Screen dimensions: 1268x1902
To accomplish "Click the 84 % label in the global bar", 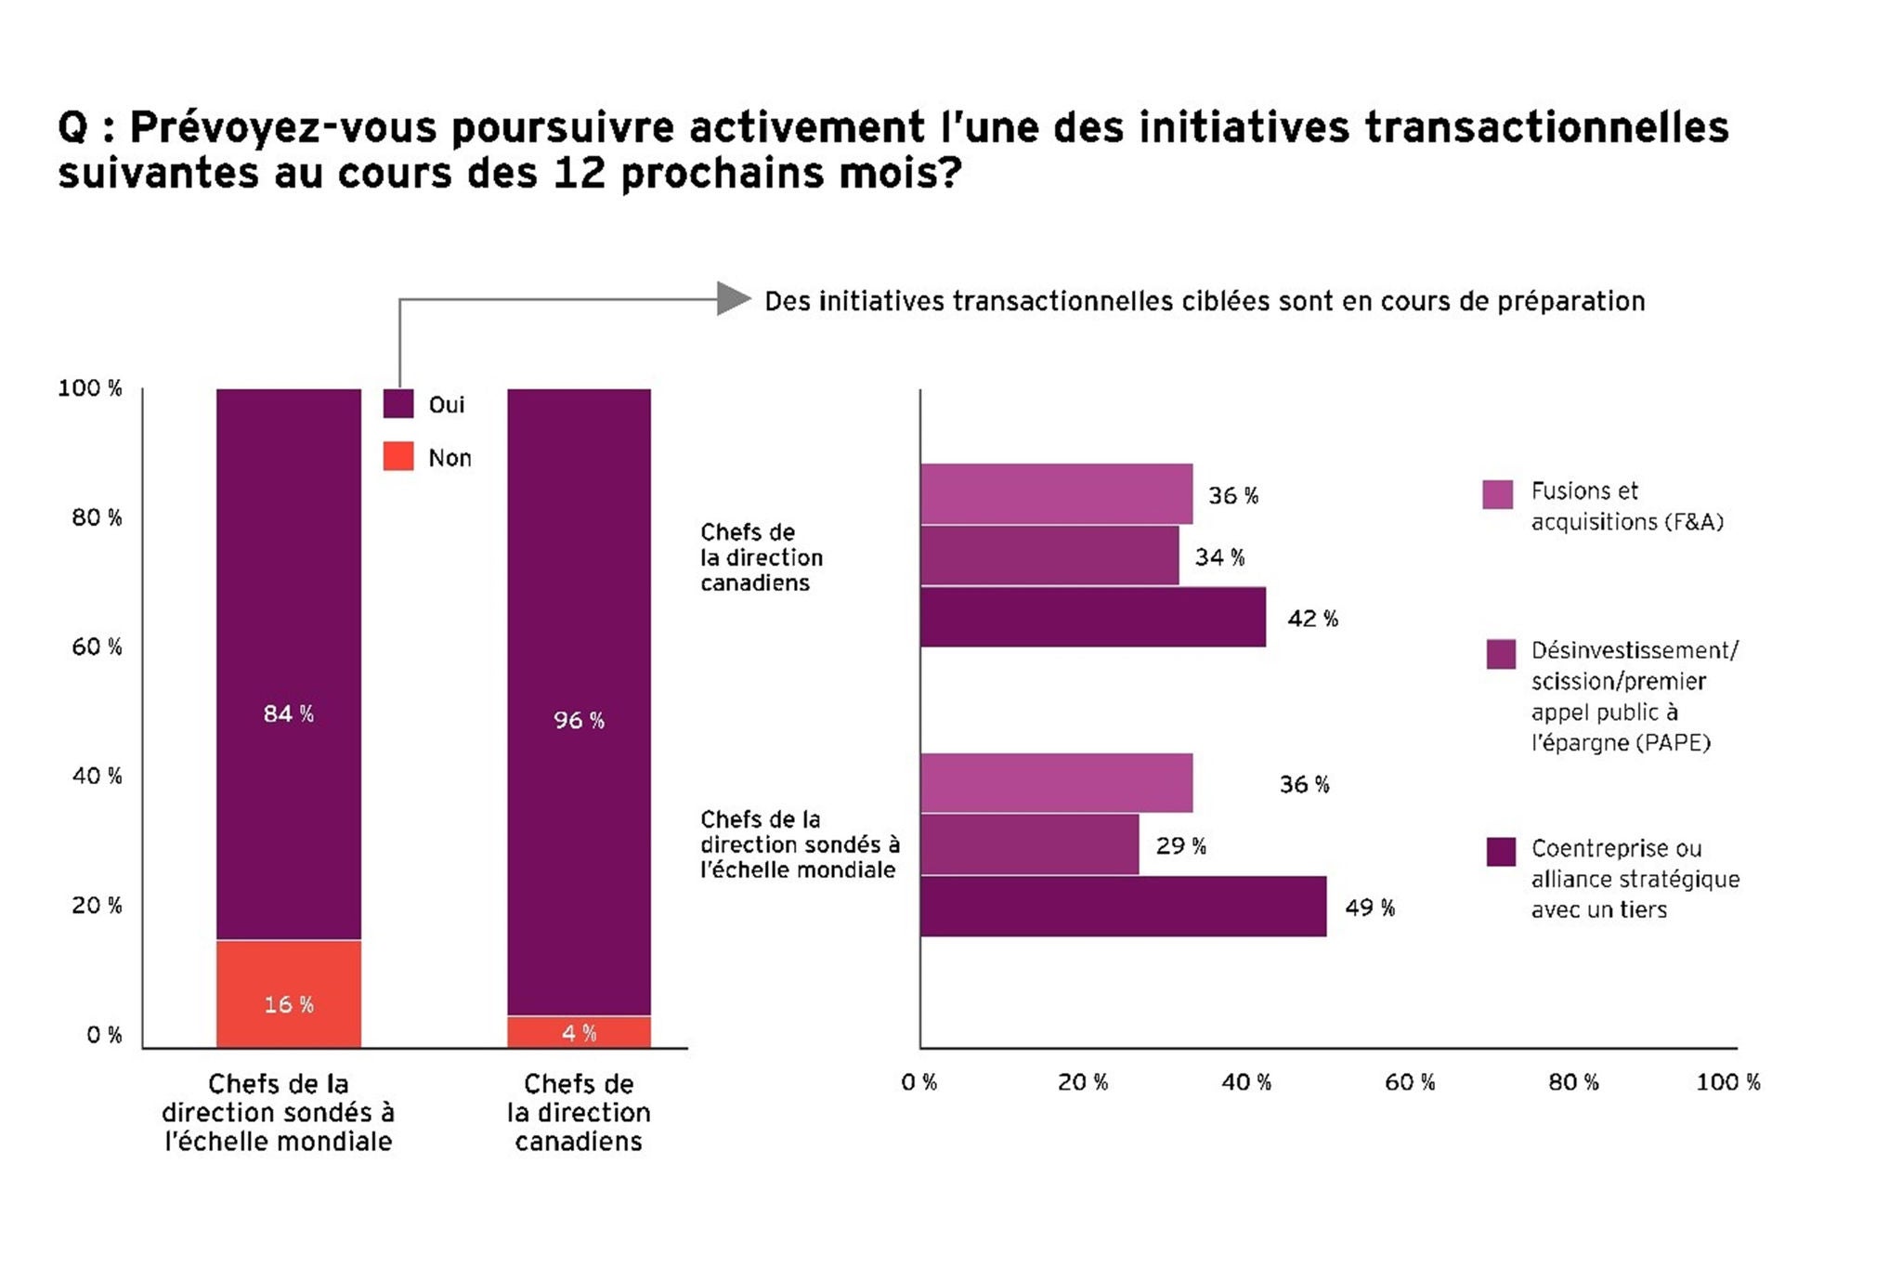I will [x=288, y=713].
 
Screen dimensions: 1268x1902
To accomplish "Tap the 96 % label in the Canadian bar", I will [x=579, y=720].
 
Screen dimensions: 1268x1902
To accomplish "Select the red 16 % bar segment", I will [x=288, y=994].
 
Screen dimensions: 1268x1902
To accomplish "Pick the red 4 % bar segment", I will [x=579, y=1032].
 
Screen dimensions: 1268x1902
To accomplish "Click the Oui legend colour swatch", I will [x=398, y=404].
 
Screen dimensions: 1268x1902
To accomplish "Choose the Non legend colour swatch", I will [x=398, y=457].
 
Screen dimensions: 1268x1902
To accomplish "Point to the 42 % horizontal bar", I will [x=1092, y=617].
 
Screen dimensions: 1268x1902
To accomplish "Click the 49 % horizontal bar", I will [x=1123, y=906].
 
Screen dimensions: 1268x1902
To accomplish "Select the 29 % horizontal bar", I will [x=1029, y=844].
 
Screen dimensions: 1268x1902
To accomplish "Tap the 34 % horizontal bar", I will [x=1049, y=556].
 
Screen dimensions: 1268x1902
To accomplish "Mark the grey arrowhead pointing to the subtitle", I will [x=734, y=298].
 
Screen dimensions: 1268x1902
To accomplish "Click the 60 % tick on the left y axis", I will [x=97, y=647].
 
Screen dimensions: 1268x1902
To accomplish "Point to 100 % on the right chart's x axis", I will [x=1727, y=1082].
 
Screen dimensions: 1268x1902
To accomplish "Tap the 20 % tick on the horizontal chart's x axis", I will [x=1083, y=1082].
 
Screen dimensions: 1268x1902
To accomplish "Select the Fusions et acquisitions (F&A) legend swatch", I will [x=1497, y=494].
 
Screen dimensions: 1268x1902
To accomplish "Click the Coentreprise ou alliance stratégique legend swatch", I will [x=1501, y=852].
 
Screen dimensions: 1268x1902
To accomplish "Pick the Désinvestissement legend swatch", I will [x=1501, y=654].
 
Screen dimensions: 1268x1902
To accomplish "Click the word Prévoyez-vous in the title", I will [x=290, y=127].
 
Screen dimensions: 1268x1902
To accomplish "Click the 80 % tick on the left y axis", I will [x=97, y=517].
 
